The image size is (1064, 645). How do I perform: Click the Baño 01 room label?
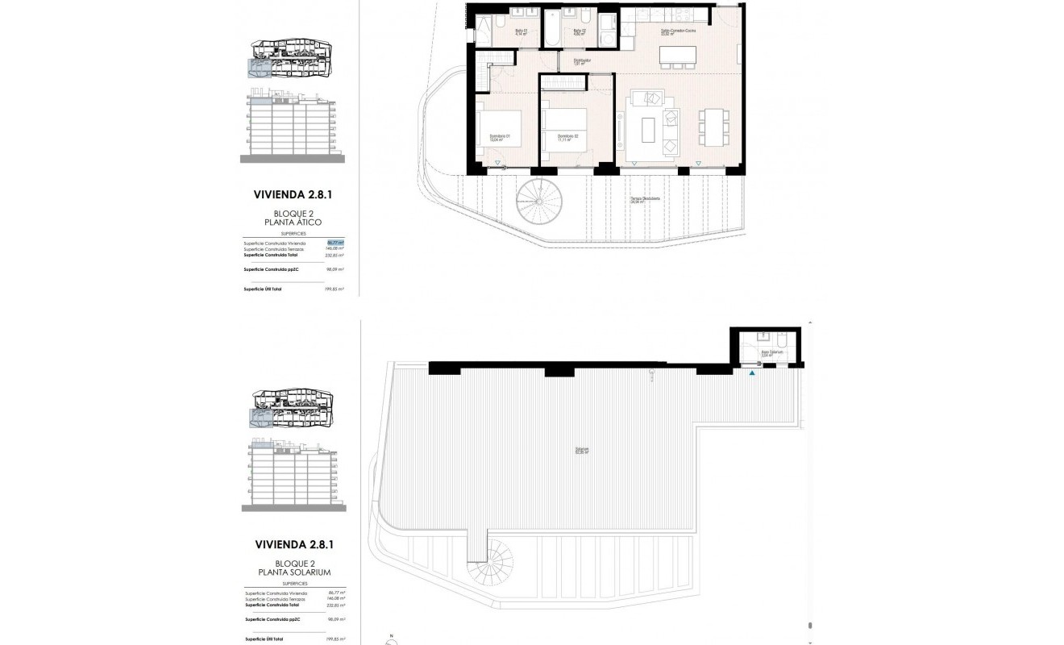click(x=521, y=32)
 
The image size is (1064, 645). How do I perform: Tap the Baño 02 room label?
click(x=578, y=32)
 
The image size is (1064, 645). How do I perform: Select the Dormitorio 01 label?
click(x=501, y=137)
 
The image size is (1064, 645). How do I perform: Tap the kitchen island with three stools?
click(x=678, y=56)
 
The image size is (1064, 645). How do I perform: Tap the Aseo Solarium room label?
click(x=767, y=353)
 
